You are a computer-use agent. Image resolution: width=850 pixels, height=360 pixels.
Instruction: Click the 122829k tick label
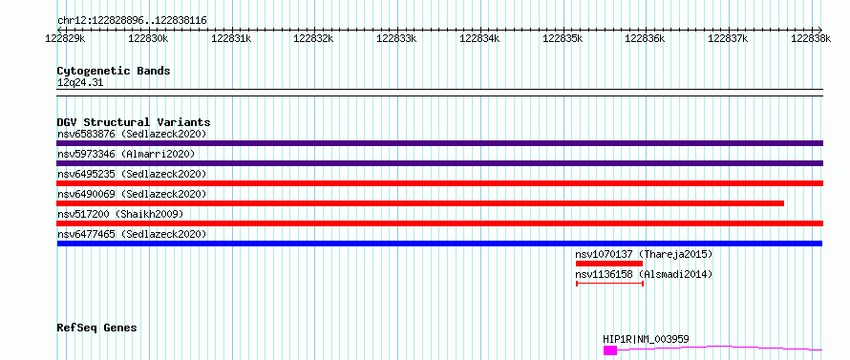pyautogui.click(x=65, y=38)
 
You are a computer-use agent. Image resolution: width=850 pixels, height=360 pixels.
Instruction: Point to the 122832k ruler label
pyautogui.click(x=313, y=38)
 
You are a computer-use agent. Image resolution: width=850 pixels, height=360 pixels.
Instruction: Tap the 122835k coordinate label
pyautogui.click(x=563, y=38)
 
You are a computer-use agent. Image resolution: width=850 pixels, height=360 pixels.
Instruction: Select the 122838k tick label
pyautogui.click(x=811, y=38)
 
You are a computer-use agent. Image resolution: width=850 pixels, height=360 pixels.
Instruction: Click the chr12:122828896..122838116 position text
pyautogui.click(x=132, y=21)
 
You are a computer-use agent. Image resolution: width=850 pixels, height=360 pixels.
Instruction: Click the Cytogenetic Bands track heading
pyautogui.click(x=114, y=71)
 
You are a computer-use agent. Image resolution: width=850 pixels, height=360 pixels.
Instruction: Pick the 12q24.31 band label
pyautogui.click(x=79, y=83)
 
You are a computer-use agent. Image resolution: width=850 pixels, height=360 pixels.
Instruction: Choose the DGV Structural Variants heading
pyautogui.click(x=134, y=122)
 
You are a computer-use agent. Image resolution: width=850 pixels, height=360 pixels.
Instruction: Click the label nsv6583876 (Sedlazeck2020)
pyautogui.click(x=132, y=134)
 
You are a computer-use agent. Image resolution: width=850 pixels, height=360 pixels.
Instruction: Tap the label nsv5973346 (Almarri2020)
pyautogui.click(x=126, y=154)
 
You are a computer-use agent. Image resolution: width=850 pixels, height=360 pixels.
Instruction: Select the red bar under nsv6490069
pyautogui.click(x=420, y=203)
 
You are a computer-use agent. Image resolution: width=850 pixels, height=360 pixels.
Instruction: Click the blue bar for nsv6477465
pyautogui.click(x=439, y=244)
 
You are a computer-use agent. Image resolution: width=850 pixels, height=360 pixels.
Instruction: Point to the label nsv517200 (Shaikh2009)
pyautogui.click(x=120, y=214)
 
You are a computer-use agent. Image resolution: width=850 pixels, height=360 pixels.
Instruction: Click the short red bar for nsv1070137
pyautogui.click(x=608, y=264)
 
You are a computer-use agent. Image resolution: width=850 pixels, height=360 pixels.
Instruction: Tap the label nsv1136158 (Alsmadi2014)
pyautogui.click(x=644, y=274)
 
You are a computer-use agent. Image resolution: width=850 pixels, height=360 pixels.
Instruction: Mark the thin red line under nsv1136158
pyautogui.click(x=610, y=283)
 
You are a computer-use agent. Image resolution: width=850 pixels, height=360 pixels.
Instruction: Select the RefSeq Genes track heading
pyautogui.click(x=96, y=328)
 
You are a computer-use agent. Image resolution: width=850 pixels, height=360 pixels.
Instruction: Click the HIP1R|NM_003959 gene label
pyautogui.click(x=647, y=339)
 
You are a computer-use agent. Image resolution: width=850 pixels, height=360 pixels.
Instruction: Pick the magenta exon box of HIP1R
pyautogui.click(x=610, y=350)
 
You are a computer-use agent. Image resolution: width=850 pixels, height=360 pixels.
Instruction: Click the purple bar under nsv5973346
pyautogui.click(x=439, y=163)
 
